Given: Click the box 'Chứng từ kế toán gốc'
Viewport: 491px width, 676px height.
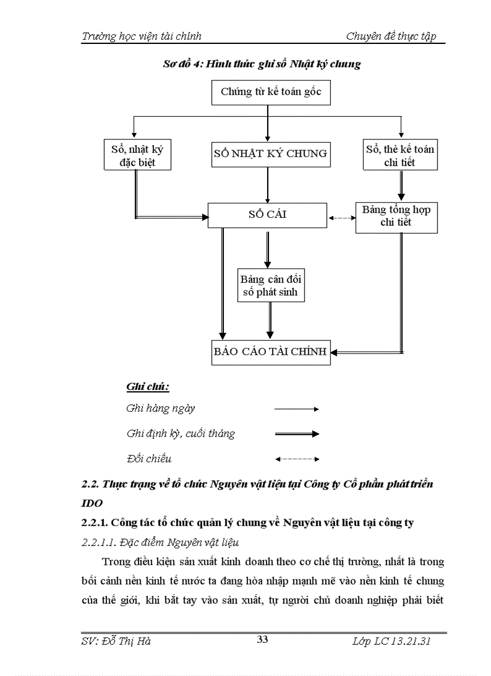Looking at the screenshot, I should pyautogui.click(x=270, y=92).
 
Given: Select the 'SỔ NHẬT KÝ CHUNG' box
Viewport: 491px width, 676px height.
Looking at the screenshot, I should pyautogui.click(x=270, y=154).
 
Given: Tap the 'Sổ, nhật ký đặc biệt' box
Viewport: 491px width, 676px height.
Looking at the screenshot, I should pyautogui.click(x=137, y=155).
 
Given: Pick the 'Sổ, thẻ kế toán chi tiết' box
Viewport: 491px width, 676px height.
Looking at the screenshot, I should pyautogui.click(x=400, y=155).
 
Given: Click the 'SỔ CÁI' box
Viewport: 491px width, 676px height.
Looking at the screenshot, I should pyautogui.click(x=267, y=215).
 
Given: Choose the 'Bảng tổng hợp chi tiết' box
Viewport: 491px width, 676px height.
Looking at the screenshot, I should pyautogui.click(x=395, y=217).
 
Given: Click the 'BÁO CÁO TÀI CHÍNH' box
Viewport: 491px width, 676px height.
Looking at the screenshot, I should pyautogui.click(x=270, y=352).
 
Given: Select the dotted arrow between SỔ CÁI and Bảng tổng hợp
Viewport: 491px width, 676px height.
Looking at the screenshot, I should pyautogui.click(x=341, y=218).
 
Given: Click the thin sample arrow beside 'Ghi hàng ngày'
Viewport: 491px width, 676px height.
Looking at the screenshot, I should pyautogui.click(x=296, y=409).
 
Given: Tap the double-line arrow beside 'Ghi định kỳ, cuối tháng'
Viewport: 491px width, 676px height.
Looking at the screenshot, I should pyautogui.click(x=296, y=433).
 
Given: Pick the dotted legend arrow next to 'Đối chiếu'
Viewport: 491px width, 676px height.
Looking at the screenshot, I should pyautogui.click(x=296, y=459).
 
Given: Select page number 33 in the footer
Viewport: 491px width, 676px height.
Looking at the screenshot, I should pyautogui.click(x=262, y=639).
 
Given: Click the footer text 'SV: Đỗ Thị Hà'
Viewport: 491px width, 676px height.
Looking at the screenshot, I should pyautogui.click(x=116, y=641).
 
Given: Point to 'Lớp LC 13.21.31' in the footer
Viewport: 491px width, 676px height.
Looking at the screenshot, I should pyautogui.click(x=391, y=641).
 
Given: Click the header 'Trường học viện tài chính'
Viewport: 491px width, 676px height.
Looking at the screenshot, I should pyautogui.click(x=141, y=36).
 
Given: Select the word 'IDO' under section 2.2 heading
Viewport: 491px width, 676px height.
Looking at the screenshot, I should pyautogui.click(x=91, y=503).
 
